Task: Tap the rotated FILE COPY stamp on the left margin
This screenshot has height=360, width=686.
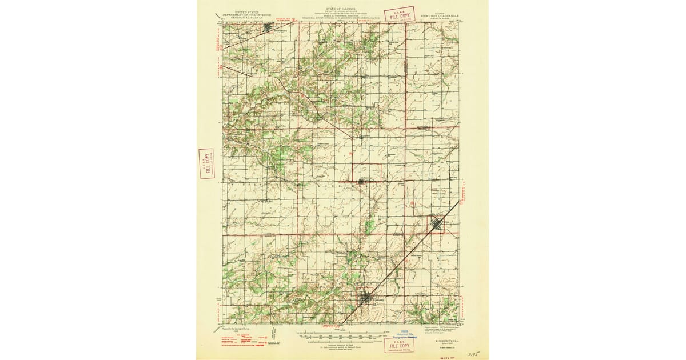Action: [206, 163]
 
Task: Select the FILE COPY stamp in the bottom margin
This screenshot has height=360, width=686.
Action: [400, 345]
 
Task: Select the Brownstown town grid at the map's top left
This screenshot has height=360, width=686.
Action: [269, 27]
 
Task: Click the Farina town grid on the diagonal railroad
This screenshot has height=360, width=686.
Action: [437, 224]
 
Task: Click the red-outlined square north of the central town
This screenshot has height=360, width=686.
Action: [367, 172]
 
